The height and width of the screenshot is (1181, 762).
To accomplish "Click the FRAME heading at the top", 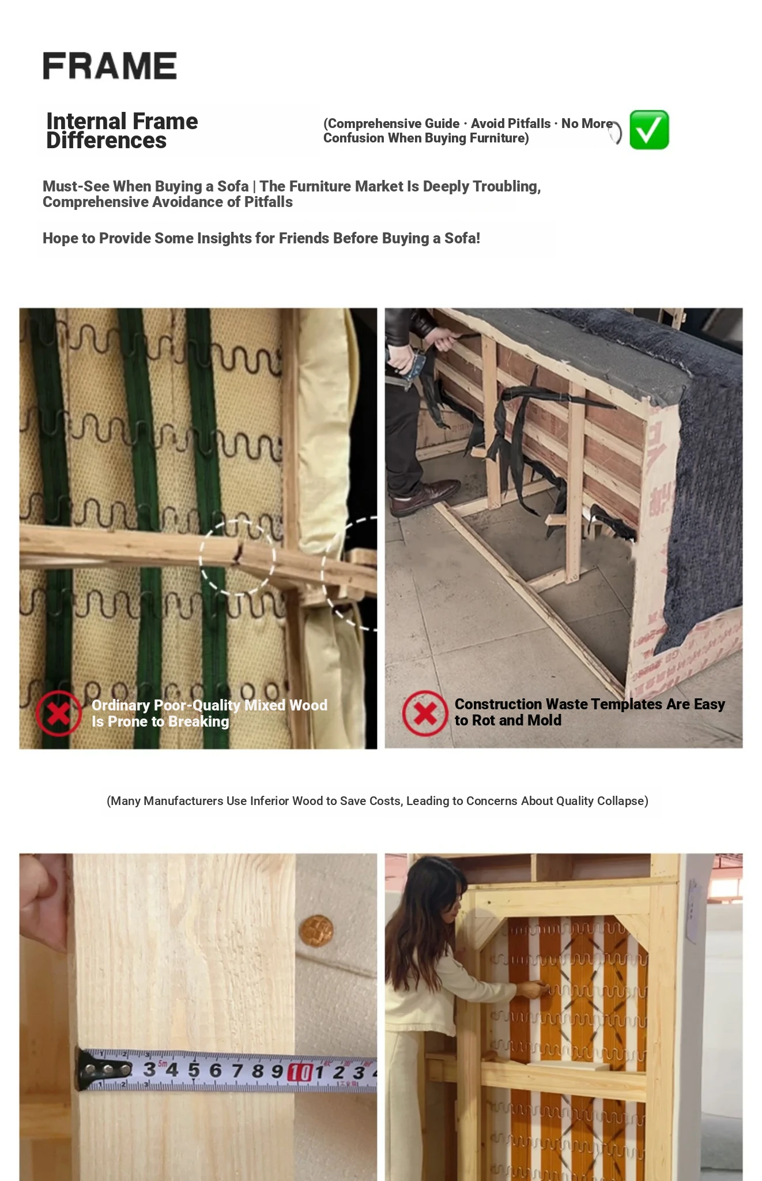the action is (x=110, y=66).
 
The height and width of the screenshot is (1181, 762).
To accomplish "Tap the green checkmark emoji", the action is (x=649, y=130).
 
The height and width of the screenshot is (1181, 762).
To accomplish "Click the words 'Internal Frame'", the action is (x=122, y=121).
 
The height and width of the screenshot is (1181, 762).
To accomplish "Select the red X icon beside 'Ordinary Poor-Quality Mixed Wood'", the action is (x=58, y=713).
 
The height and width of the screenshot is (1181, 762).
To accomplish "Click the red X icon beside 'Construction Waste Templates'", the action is (x=425, y=713).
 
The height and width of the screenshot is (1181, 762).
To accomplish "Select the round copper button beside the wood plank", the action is (x=316, y=931).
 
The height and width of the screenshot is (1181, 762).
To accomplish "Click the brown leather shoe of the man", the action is (x=425, y=497).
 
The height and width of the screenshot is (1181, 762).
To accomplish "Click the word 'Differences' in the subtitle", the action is (x=107, y=141).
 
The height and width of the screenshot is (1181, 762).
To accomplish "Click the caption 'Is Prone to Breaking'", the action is (x=160, y=721).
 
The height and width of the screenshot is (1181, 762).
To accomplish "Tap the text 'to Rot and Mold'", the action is (x=508, y=720).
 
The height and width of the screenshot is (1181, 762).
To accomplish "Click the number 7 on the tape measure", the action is (x=237, y=1070).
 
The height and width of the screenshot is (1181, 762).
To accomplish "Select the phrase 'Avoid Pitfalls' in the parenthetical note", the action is (x=511, y=123).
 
